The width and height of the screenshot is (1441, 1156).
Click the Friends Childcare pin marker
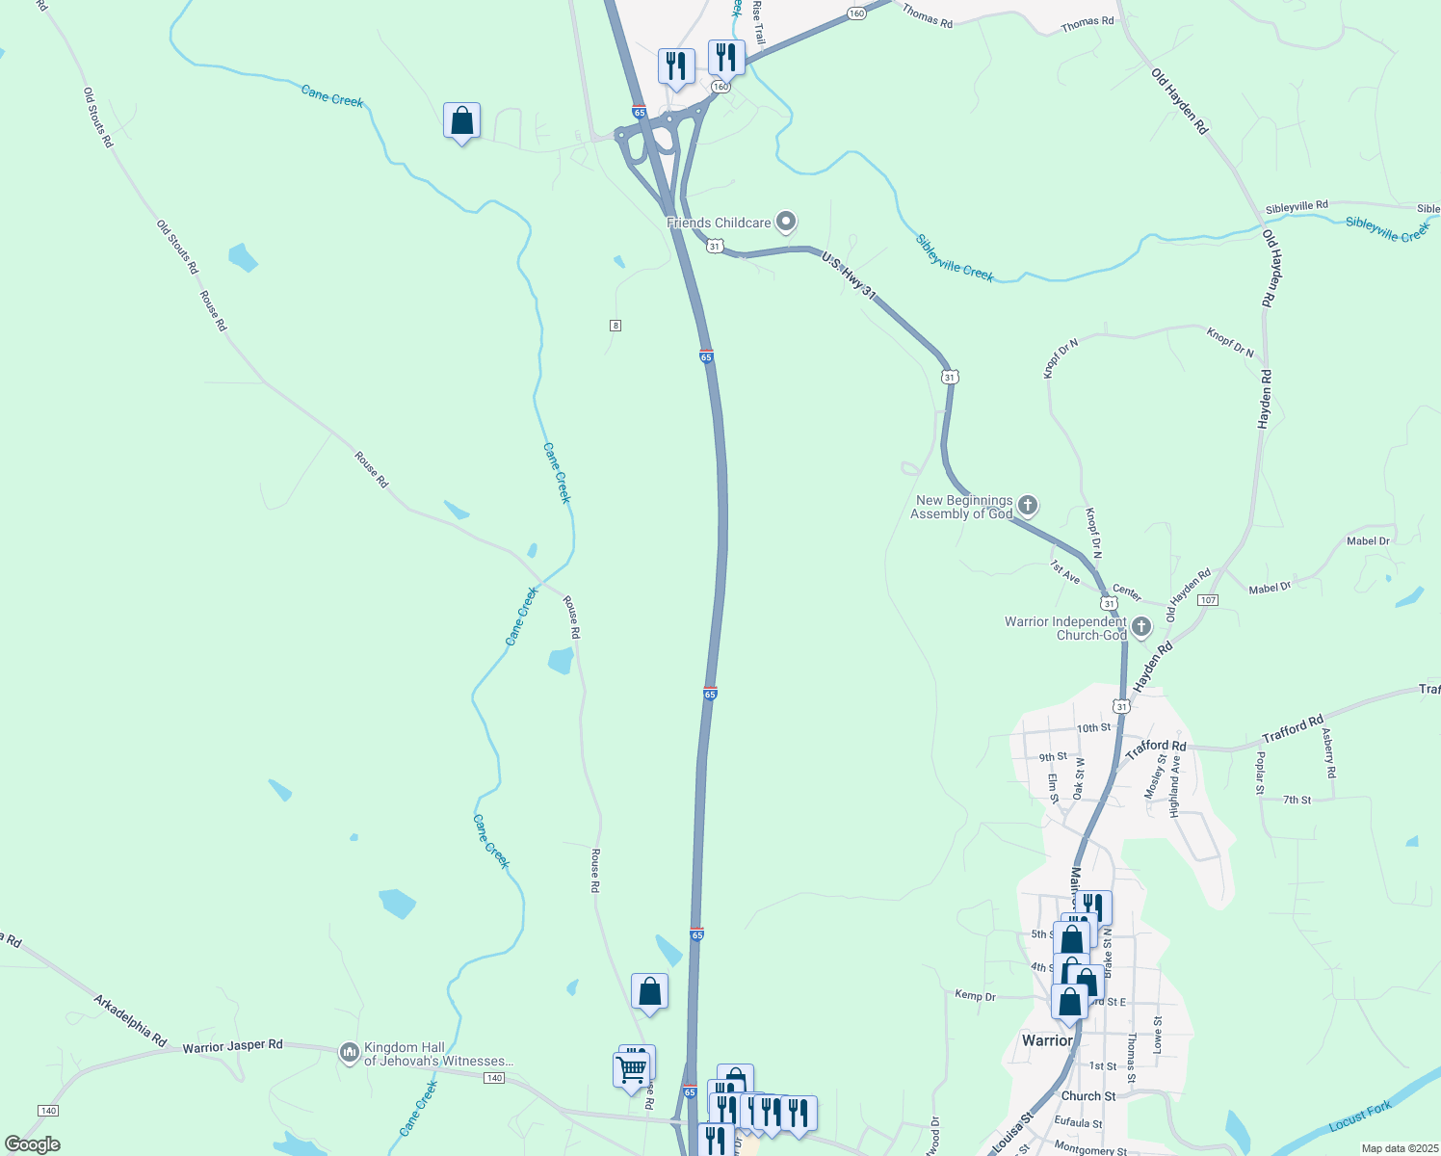[x=786, y=223]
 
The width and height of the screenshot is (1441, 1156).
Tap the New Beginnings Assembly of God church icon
[x=1028, y=506]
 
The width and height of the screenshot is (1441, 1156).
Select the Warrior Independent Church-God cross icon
[x=1141, y=628]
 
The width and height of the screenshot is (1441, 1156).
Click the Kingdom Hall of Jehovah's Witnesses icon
[x=349, y=1053]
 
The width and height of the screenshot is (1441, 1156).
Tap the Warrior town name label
[x=1046, y=1040]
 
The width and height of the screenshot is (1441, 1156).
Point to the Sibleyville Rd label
[x=1297, y=206]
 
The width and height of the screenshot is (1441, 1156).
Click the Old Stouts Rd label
[x=97, y=118]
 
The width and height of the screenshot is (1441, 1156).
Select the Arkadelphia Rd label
[x=130, y=1020]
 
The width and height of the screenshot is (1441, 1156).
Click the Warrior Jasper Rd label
[x=233, y=1045]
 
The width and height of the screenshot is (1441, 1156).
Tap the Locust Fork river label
[x=1359, y=1117]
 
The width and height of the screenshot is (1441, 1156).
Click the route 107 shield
[x=1208, y=600]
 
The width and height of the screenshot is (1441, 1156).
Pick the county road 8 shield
[x=616, y=326]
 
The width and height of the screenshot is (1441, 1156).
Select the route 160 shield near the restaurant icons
[x=720, y=87]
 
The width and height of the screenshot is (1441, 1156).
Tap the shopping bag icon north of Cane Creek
[x=462, y=121]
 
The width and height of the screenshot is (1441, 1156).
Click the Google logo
[x=32, y=1144]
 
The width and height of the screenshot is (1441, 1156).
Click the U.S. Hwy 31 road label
[x=849, y=276]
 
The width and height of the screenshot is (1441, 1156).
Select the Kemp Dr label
[x=975, y=996]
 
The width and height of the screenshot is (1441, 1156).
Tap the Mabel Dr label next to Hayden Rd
[x=1270, y=588]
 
